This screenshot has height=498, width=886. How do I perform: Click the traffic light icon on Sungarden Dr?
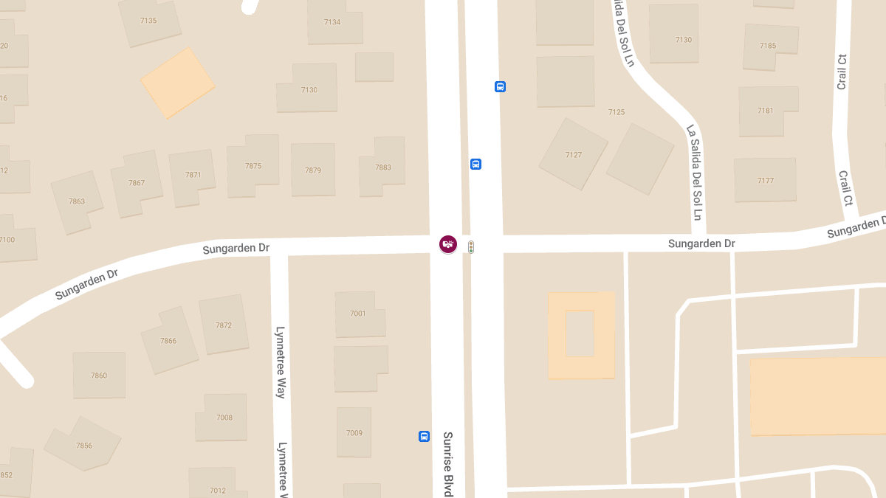(x=471, y=247)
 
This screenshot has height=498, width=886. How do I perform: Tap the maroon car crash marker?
(x=447, y=243)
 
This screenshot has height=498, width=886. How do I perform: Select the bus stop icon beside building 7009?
(x=424, y=436)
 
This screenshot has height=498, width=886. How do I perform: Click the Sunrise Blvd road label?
(x=447, y=463)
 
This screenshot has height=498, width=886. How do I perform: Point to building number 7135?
(x=148, y=21)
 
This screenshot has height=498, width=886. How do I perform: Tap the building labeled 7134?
(x=332, y=22)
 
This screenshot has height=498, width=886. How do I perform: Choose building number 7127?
(x=574, y=155)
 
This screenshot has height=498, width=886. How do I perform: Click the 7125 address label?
(x=617, y=112)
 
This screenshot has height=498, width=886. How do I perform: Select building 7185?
(x=768, y=46)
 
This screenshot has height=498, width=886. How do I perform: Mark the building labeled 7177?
(x=766, y=181)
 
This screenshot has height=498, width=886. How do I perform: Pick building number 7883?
(x=383, y=167)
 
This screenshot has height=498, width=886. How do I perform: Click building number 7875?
(x=253, y=166)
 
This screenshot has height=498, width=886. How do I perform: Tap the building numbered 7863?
(x=77, y=201)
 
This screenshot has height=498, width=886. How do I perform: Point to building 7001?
(x=358, y=314)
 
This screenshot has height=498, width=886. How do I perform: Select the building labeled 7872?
(x=224, y=325)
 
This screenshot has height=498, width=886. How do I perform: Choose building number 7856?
(x=83, y=445)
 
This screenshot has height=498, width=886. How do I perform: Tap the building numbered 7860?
(x=99, y=376)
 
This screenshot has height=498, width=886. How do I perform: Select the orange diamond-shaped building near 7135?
(x=178, y=83)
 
